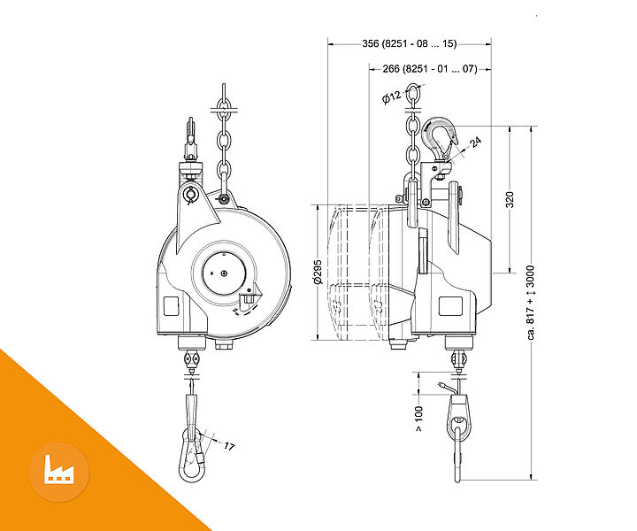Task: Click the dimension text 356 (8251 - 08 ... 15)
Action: pyautogui.click(x=410, y=43)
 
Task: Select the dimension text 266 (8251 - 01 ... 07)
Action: pyautogui.click(x=430, y=69)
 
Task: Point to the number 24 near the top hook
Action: pyautogui.click(x=476, y=142)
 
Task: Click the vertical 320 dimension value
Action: pyautogui.click(x=510, y=199)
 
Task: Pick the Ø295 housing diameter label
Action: pyautogui.click(x=318, y=272)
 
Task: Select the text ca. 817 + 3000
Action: pyautogui.click(x=531, y=303)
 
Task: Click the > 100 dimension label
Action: pyautogui.click(x=418, y=419)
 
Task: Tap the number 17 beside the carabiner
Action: pyautogui.click(x=229, y=447)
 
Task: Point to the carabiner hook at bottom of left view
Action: pyautogui.click(x=192, y=455)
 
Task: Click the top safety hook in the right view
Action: pyautogui.click(x=439, y=139)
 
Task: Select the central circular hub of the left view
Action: pyautogui.click(x=224, y=273)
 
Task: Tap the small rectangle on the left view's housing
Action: pyautogui.click(x=171, y=306)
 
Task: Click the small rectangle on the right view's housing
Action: pyautogui.click(x=450, y=306)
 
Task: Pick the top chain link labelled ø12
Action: pyautogui.click(x=413, y=93)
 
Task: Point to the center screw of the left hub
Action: pyautogui.click(x=224, y=273)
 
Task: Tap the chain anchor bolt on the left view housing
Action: pyautogui.click(x=222, y=199)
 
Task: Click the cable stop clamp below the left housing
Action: pyautogui.click(x=191, y=359)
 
